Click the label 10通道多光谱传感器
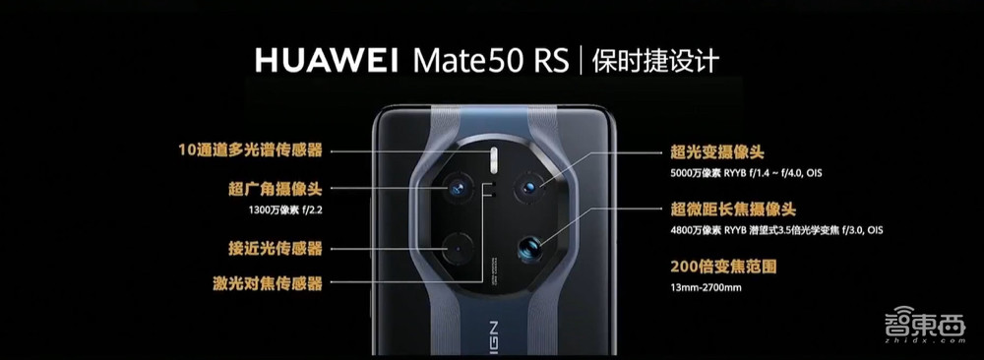pos(250,150)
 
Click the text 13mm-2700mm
pos(705,288)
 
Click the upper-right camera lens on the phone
pos(530,185)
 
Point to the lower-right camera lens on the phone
pos(530,248)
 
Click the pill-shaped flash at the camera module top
pos(494,153)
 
